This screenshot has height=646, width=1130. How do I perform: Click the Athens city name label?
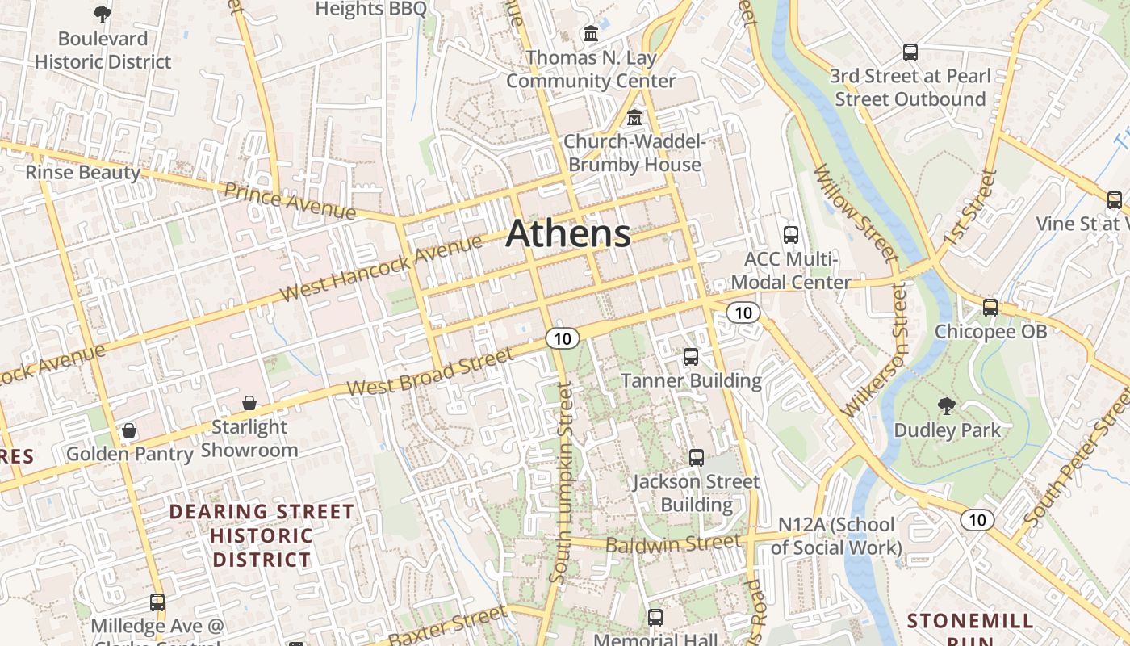[x=568, y=233]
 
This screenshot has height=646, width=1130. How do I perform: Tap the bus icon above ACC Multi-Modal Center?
[x=791, y=235]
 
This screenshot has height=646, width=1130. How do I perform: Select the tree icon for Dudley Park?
[x=946, y=406]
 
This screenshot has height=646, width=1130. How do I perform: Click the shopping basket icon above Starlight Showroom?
[x=249, y=402]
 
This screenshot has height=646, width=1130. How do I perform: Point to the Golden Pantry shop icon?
[x=129, y=430]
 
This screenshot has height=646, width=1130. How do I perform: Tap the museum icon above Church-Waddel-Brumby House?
[x=634, y=118]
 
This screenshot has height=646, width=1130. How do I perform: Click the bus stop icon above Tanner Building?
[x=691, y=356]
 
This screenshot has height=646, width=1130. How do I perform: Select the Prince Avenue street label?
[x=290, y=200]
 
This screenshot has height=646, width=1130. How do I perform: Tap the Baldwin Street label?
[x=672, y=544]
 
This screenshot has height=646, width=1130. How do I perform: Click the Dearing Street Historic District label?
[x=262, y=535]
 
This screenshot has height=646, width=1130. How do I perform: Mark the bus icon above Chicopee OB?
[x=990, y=307]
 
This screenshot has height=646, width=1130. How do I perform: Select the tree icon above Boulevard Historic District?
[x=103, y=14]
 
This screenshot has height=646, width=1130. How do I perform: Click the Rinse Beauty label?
[x=82, y=172]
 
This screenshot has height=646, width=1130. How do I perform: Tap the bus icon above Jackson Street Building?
[x=697, y=458]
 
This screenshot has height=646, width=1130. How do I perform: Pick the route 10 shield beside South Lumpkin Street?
[x=562, y=338]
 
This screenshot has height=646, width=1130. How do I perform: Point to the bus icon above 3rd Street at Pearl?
[x=910, y=52]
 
